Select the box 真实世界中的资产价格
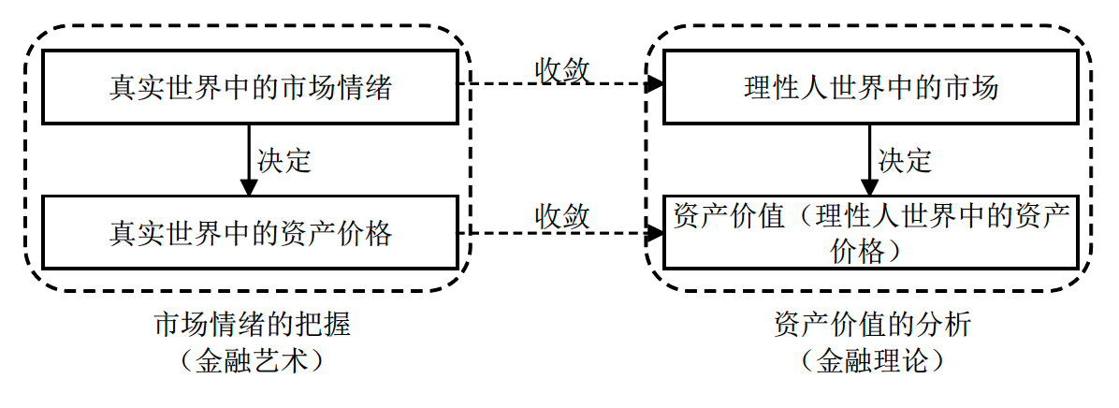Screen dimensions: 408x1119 click(x=249, y=231)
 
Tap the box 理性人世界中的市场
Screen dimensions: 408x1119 click(x=870, y=87)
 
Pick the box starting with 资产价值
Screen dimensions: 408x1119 click(x=870, y=231)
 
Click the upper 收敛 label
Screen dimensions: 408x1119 click(x=562, y=69)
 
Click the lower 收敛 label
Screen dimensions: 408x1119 click(x=562, y=215)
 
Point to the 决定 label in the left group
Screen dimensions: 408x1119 click(x=283, y=160)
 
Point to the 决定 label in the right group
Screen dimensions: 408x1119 click(x=905, y=160)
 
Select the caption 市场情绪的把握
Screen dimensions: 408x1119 click(x=252, y=325)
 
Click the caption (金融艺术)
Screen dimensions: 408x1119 click(x=252, y=360)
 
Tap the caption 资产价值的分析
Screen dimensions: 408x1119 click(x=873, y=325)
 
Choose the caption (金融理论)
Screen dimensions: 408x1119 click(x=873, y=360)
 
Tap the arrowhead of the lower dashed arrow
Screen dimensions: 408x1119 click(x=656, y=231)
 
